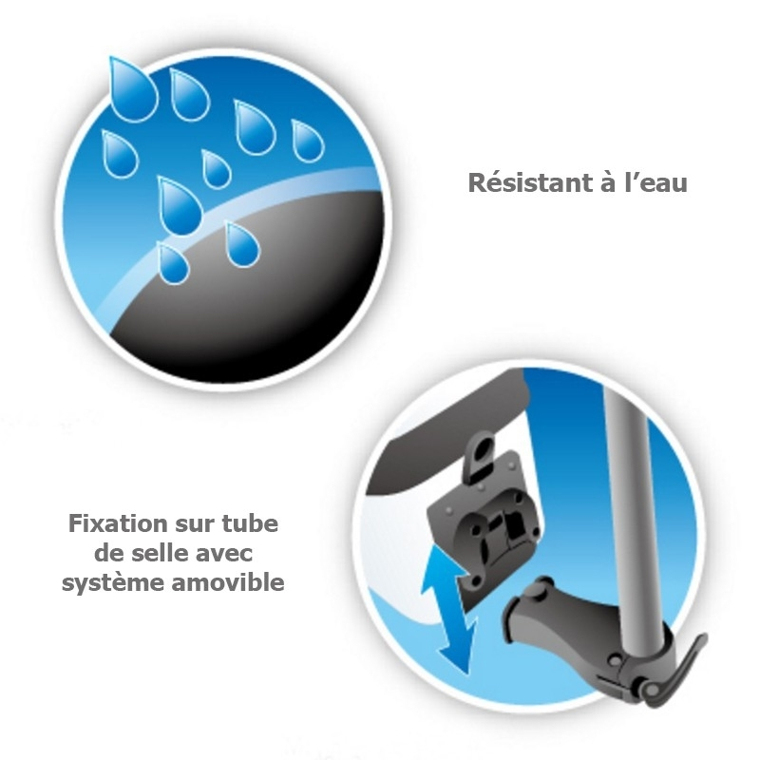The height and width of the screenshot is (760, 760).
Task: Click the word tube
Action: (x=250, y=523)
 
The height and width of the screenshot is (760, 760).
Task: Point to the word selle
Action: (x=160, y=553)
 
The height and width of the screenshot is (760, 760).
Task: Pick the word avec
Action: (x=223, y=554)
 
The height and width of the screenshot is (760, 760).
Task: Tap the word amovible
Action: (x=228, y=581)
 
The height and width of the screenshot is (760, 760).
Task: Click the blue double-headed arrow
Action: (x=449, y=611)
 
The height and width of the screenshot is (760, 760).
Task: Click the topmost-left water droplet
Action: (x=132, y=89)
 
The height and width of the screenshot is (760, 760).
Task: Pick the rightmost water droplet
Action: (x=307, y=141)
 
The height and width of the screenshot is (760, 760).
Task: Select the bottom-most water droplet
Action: (x=172, y=263)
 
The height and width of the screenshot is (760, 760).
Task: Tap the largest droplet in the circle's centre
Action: (x=180, y=205)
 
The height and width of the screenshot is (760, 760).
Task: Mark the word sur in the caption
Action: (x=195, y=525)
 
